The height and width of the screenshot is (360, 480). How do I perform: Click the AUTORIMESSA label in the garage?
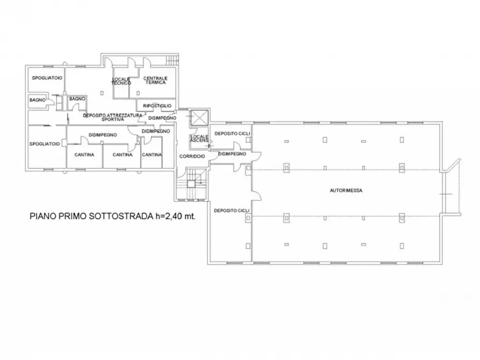click(x=345, y=191)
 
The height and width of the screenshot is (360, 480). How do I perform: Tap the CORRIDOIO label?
click(x=192, y=156)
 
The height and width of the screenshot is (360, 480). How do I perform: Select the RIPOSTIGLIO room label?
click(x=156, y=106)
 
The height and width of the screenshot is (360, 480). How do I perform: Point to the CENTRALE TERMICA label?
click(x=155, y=81)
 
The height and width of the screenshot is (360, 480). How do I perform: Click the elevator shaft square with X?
click(x=199, y=117)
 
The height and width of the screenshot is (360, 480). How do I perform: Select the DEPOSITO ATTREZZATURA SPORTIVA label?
click(x=112, y=117)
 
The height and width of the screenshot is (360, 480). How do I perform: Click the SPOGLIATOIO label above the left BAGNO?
click(x=47, y=78)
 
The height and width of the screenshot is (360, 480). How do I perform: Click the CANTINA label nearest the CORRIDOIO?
click(x=152, y=155)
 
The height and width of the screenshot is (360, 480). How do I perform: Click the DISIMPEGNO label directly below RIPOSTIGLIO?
click(x=162, y=118)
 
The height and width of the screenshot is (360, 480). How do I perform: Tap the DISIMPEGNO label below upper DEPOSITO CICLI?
click(x=232, y=154)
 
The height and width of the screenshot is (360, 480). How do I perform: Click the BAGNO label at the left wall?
click(x=38, y=100)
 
